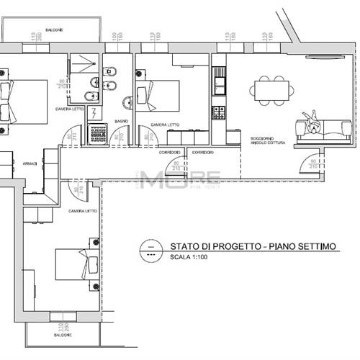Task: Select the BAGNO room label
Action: tap(122, 122)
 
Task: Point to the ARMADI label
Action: tap(30, 163)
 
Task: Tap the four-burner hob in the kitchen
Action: tap(218, 112)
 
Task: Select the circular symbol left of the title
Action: tap(149, 248)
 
